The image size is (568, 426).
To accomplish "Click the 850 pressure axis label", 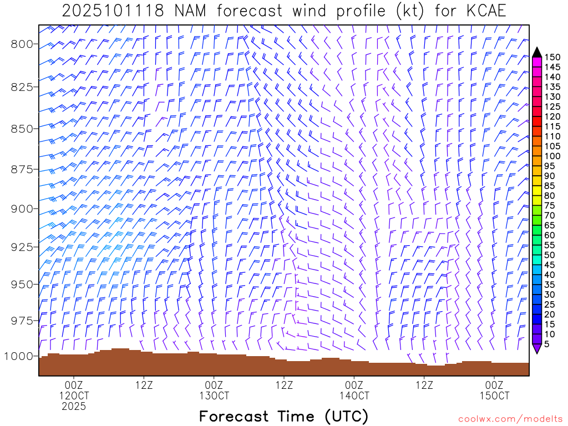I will (x=22, y=128).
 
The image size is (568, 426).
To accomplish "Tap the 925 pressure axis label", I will (x=22, y=246).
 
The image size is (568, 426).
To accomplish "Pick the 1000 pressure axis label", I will (x=19, y=356).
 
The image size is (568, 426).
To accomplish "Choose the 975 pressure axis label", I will (x=22, y=320).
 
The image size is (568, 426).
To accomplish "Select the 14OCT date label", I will (x=354, y=396).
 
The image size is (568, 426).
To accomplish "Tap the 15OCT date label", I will (x=494, y=396).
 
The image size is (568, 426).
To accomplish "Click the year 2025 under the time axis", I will (x=74, y=407).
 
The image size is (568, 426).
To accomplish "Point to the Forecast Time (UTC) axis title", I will (x=283, y=416).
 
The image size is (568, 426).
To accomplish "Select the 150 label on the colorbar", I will (x=552, y=57).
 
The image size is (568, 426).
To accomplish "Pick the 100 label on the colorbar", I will (x=552, y=156).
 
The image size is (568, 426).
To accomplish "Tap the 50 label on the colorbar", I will (x=550, y=255).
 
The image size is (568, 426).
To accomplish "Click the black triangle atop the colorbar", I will (x=537, y=52).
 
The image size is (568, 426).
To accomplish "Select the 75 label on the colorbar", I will (x=550, y=205).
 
